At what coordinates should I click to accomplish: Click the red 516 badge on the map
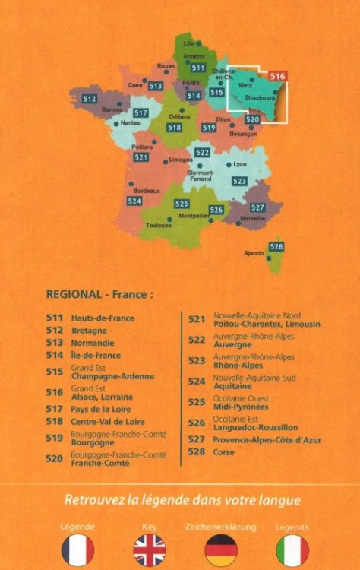coord(278,76)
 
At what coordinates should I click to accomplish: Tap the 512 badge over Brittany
coord(90,99)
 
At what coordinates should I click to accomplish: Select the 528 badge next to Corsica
coord(276,247)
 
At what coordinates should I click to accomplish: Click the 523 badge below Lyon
coord(239,181)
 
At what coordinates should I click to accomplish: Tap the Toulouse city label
coord(159,226)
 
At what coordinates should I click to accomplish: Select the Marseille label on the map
coord(253,218)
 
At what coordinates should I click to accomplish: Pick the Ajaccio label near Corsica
coord(254,252)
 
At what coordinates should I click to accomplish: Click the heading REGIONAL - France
coord(99,293)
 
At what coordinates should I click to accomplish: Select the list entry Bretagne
coord(89,331)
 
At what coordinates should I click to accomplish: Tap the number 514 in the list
coord(54,355)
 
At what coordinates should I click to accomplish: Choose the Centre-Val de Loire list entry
coord(107,421)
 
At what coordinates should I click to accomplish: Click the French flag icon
coord(77,549)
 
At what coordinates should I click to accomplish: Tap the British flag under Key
coord(150,549)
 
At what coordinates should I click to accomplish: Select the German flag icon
coord(221,549)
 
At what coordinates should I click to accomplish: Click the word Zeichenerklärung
coord(221,526)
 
